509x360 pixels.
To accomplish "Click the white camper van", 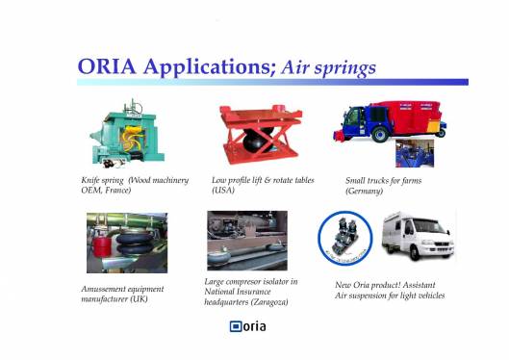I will pos(418,238).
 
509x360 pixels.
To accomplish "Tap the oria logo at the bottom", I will pos(247,326).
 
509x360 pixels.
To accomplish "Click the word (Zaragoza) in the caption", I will pos(272,302).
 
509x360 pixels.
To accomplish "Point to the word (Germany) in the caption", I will pos(365,192).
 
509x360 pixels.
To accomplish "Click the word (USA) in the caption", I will pos(223,192).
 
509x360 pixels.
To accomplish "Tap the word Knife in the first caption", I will pos(92,181).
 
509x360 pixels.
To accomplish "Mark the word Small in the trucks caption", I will pos(357,181).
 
